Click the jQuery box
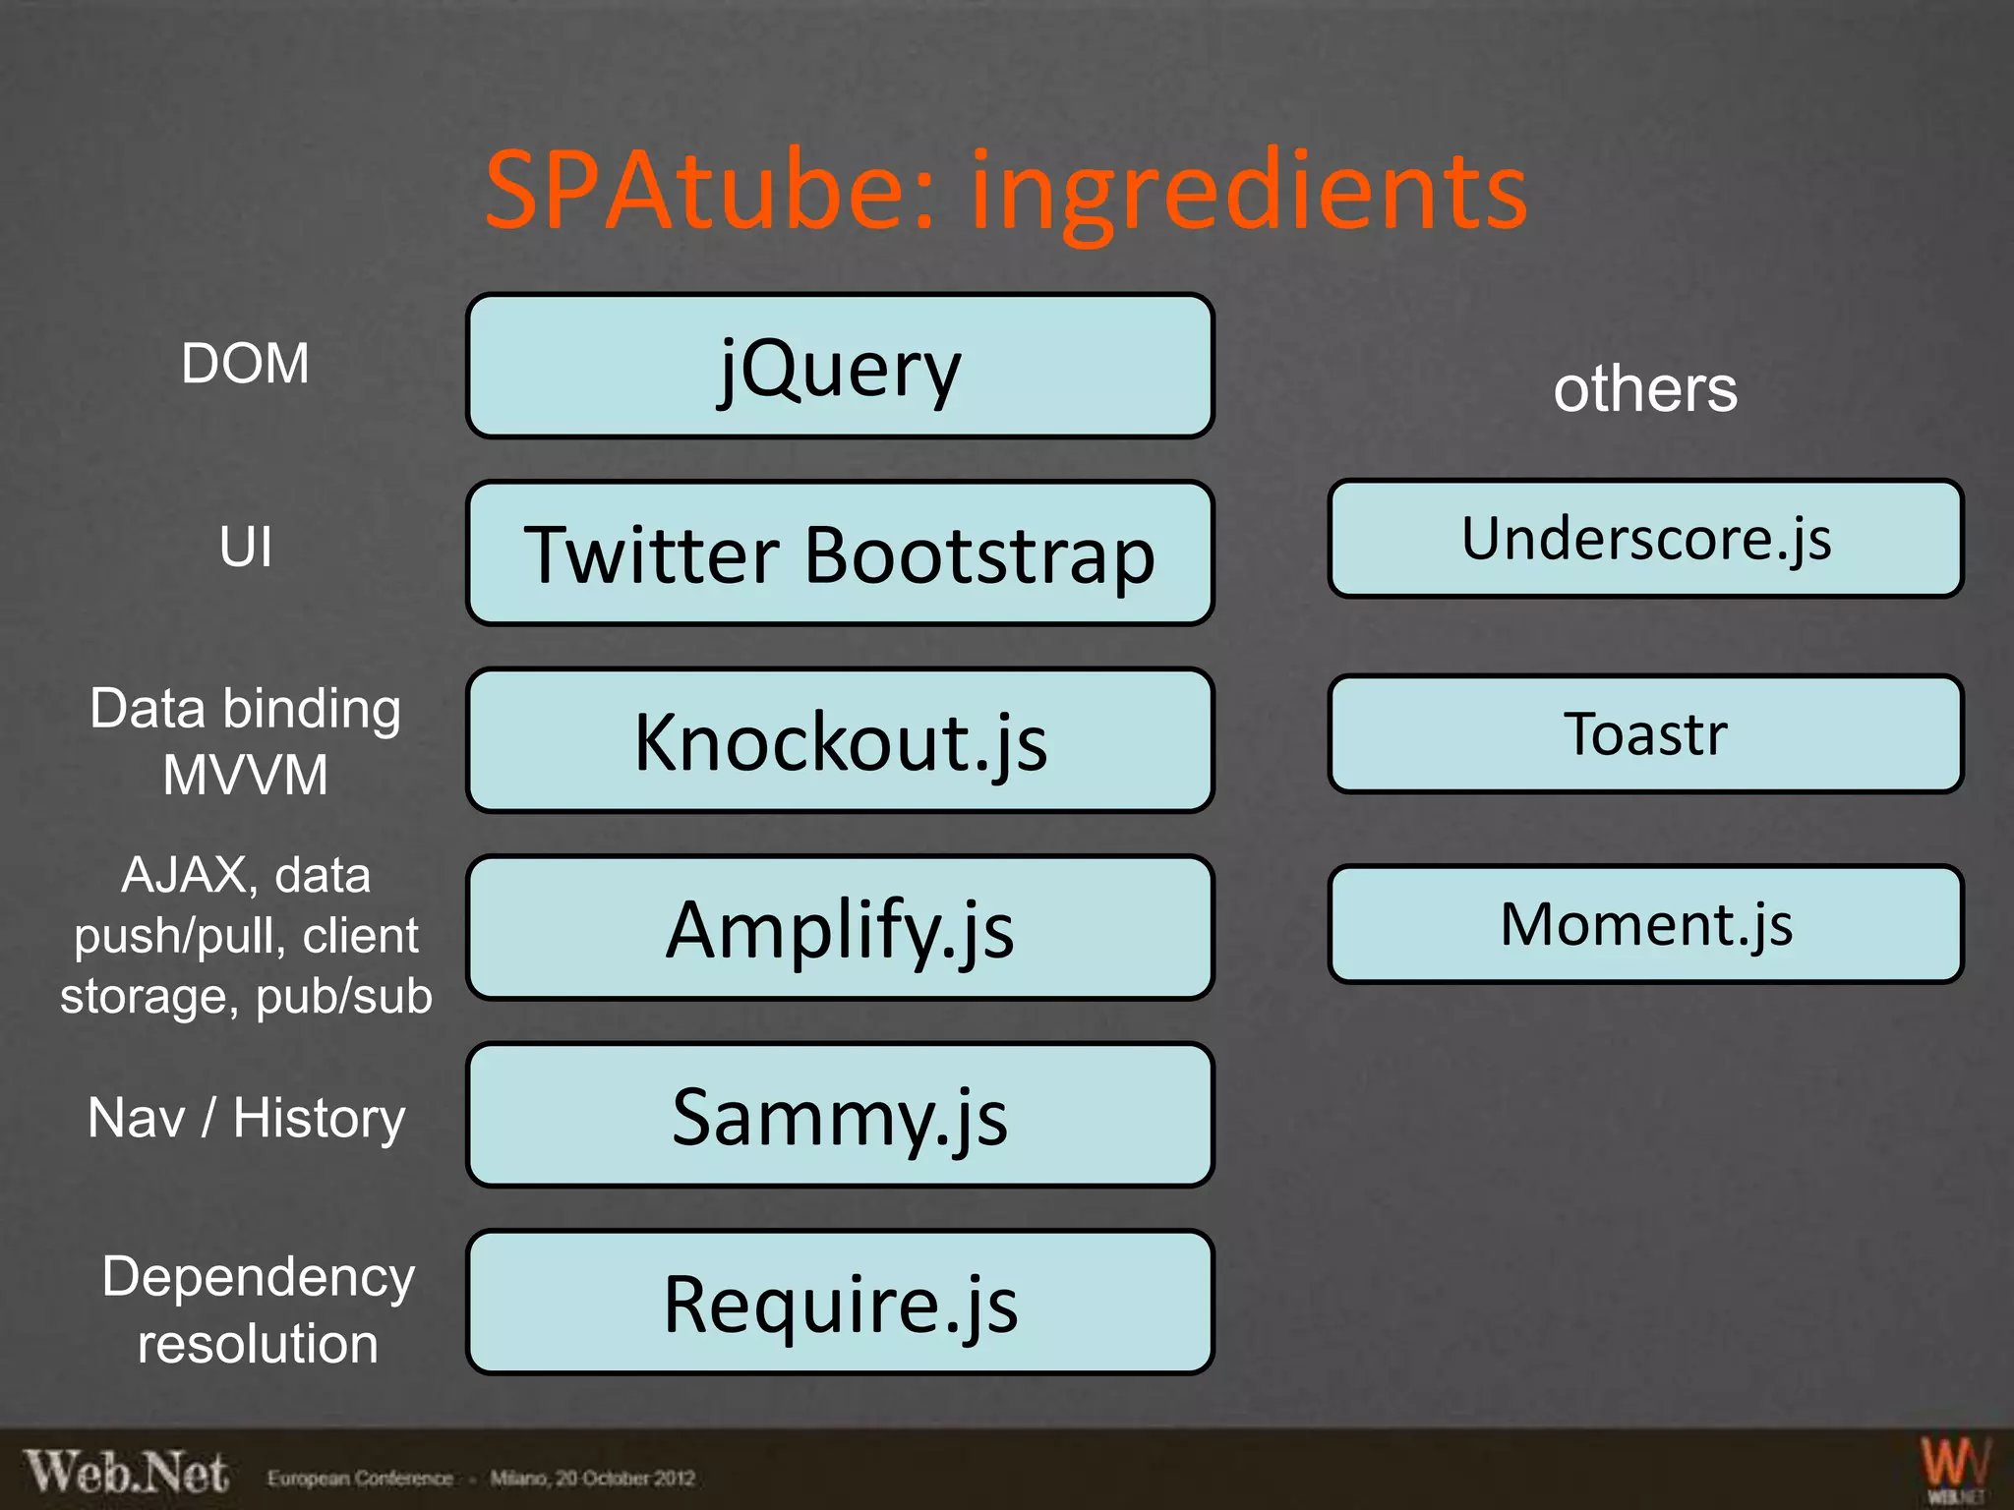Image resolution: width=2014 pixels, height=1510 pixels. (840, 367)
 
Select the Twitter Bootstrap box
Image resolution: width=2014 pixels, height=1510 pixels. (840, 553)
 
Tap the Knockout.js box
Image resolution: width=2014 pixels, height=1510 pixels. (840, 740)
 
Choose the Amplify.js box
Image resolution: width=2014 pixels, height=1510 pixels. (840, 928)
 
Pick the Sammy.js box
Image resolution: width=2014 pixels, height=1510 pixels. (840, 1115)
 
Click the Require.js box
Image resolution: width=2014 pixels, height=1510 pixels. (840, 1302)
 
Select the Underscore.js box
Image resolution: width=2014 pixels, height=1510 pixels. (1645, 539)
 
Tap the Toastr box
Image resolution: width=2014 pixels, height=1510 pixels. (1645, 733)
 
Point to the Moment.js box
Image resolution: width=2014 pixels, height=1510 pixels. (1645, 924)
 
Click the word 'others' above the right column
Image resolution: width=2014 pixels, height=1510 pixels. (1645, 389)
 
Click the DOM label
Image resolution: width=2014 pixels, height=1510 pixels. (245, 364)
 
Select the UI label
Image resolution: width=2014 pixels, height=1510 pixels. (245, 547)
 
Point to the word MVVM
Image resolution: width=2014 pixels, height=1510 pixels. (245, 775)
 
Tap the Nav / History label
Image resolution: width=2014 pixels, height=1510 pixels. (245, 1118)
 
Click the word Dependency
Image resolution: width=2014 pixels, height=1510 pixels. (258, 1277)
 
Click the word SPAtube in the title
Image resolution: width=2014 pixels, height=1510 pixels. (708, 190)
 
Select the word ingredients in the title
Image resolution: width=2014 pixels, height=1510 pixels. (1249, 192)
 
